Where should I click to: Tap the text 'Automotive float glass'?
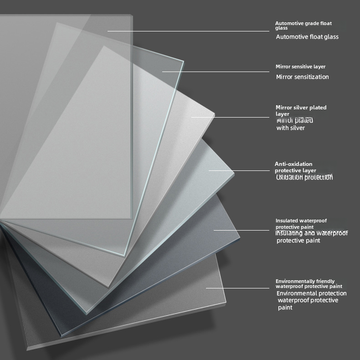(x=307, y=37)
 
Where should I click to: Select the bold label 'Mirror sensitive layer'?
(x=300, y=67)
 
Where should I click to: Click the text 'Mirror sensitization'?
(x=302, y=77)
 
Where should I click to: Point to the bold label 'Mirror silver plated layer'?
(x=301, y=110)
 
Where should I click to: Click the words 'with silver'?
(x=290, y=128)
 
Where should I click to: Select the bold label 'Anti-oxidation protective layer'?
(x=296, y=167)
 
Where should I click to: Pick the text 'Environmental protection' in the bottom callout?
(x=311, y=293)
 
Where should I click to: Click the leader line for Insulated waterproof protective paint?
(x=242, y=230)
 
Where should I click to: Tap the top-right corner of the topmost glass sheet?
(x=132, y=16)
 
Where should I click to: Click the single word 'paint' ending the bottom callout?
(x=285, y=308)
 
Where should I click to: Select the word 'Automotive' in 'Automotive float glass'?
(x=291, y=37)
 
